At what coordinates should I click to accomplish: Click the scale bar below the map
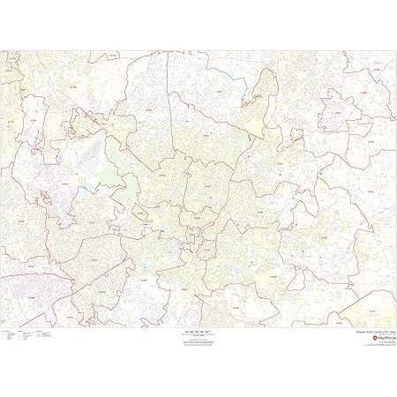click(x=198, y=330)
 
